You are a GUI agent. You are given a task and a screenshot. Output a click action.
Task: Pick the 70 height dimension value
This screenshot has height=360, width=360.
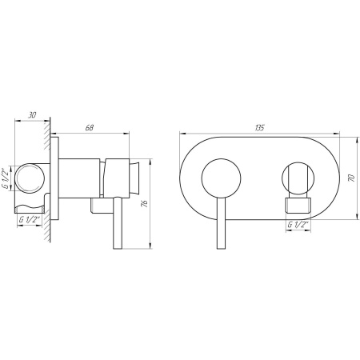tap(350, 180)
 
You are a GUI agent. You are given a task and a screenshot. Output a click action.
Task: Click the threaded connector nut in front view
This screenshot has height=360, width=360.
tap(298, 206)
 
